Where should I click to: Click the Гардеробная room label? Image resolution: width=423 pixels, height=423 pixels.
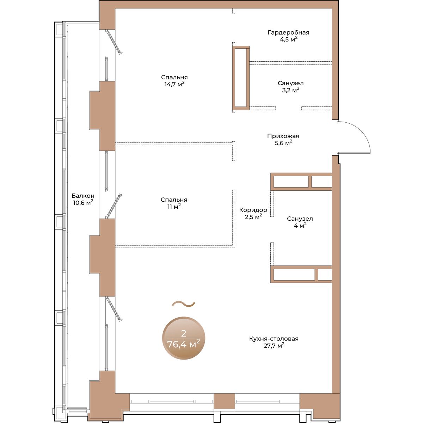288,32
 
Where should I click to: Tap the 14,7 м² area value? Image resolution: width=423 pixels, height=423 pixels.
174,84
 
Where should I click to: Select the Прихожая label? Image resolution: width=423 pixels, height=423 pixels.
283,136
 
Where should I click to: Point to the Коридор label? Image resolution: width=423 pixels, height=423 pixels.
253,210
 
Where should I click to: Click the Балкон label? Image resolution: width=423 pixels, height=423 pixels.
83,196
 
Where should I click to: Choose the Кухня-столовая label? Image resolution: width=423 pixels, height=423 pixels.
274,339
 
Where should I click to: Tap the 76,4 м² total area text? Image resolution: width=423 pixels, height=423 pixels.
184,344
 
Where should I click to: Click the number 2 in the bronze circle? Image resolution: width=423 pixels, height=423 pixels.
184,334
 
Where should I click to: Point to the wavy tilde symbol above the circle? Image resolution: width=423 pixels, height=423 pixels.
183,304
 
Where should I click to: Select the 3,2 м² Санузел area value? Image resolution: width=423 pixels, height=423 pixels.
290,90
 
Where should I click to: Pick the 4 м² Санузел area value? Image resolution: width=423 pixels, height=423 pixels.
300,226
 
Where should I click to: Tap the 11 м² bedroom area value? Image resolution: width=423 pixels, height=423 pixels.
174,207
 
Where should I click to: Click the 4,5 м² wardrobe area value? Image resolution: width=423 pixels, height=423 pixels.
289,39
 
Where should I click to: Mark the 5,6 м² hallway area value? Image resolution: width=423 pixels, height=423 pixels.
283,143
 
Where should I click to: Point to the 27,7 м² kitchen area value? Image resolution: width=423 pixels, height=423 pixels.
274,346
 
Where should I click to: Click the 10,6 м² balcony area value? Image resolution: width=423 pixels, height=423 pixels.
83,203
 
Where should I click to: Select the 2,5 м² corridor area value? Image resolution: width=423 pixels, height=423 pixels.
253,217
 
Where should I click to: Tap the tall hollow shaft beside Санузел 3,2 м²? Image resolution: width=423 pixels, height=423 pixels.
241,78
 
